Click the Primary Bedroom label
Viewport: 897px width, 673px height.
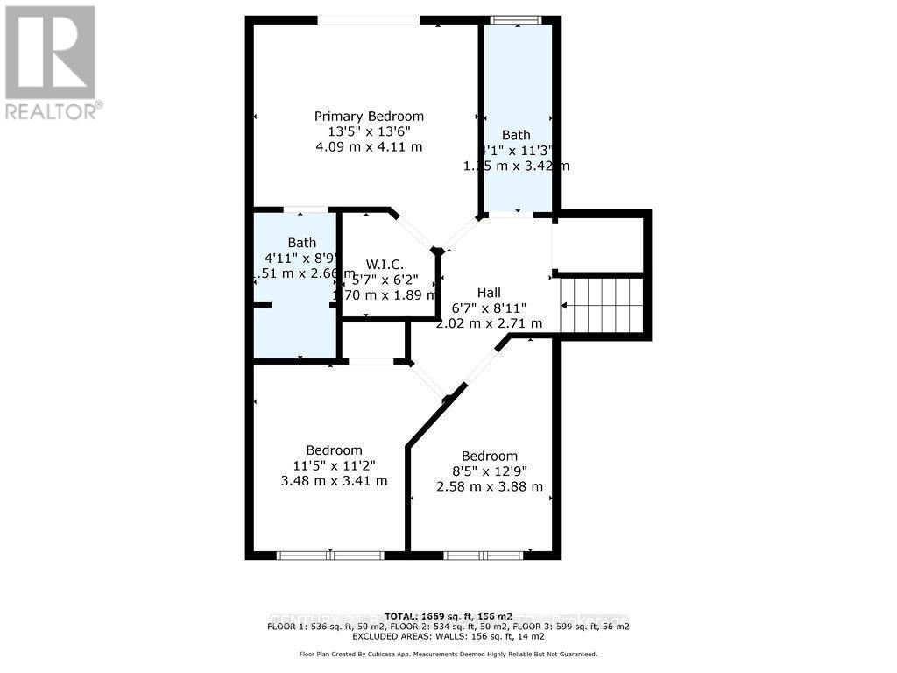[x=369, y=116]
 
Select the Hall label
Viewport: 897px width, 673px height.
[x=490, y=292]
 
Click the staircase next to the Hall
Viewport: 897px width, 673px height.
[x=603, y=306]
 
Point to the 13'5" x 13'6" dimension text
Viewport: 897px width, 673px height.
[x=369, y=131]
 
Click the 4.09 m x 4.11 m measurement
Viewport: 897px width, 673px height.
[x=369, y=146]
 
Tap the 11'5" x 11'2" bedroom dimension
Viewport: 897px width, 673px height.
[x=334, y=465]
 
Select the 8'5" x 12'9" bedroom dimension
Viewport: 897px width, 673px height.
[x=490, y=471]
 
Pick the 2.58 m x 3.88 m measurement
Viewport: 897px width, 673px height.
[x=490, y=486]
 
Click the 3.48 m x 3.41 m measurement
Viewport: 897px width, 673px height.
[x=334, y=480]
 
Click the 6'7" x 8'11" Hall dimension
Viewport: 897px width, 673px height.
[x=490, y=308]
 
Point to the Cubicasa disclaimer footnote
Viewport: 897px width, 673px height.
[x=448, y=654]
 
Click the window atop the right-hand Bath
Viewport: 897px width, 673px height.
[x=516, y=20]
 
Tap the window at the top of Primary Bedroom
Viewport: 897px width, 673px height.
[x=368, y=20]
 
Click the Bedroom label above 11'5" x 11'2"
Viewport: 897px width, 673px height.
[x=334, y=450]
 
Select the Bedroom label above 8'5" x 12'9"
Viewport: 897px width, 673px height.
[x=490, y=456]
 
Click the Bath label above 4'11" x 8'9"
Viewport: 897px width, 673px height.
[x=302, y=243]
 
